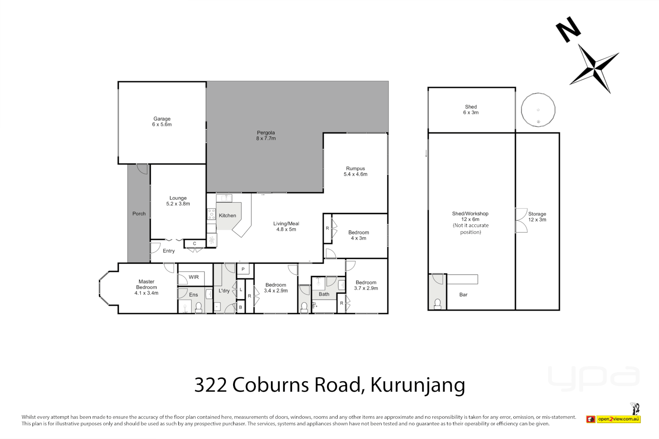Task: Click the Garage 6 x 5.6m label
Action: tap(162, 122)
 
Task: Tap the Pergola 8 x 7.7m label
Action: tap(266, 135)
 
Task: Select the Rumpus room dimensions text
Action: tap(355, 174)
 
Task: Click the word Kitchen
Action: tap(227, 215)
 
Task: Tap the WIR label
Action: tap(194, 277)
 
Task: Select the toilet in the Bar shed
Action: tap(438, 304)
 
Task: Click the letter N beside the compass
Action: tap(568, 29)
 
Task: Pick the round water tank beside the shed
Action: tap(538, 110)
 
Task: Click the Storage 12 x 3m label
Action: tap(537, 217)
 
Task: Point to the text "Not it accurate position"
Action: tap(471, 229)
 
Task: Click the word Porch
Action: tap(139, 213)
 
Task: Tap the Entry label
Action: tap(168, 251)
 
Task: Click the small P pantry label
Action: tap(243, 269)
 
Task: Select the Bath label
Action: tap(324, 294)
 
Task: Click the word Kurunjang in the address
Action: tap(417, 385)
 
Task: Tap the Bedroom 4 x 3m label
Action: tap(358, 235)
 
